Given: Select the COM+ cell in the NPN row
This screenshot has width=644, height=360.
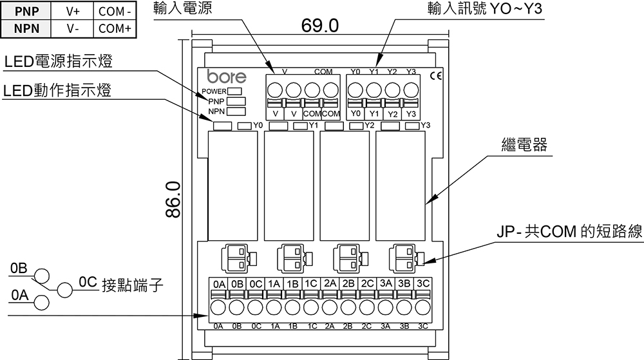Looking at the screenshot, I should tap(115, 28).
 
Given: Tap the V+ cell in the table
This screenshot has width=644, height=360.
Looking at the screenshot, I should tap(72, 12).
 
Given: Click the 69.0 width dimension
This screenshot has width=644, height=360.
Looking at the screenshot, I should tap(319, 26).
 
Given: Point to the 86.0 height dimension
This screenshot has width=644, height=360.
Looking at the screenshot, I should tap(173, 199).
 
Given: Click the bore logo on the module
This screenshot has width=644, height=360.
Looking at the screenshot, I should tap(226, 77).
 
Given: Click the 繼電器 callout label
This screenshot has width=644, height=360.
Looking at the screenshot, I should tap(524, 145).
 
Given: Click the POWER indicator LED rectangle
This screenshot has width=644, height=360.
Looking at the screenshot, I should tap(234, 91).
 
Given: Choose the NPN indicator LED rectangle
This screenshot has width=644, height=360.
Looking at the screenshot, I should tap(236, 111).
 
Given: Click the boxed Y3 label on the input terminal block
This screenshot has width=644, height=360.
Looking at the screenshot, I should tap(411, 114).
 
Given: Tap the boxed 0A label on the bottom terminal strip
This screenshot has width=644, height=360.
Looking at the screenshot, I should tap(218, 283).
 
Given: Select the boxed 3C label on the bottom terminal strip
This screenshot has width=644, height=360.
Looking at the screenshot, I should tap(423, 283).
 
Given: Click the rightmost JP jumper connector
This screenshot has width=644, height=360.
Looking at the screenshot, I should tap(404, 259).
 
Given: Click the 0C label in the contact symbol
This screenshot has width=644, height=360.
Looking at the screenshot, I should tap(88, 281).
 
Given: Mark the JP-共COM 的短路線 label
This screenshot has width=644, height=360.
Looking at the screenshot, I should tap(569, 232).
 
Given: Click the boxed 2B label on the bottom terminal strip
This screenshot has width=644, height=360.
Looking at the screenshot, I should tap(348, 283).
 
